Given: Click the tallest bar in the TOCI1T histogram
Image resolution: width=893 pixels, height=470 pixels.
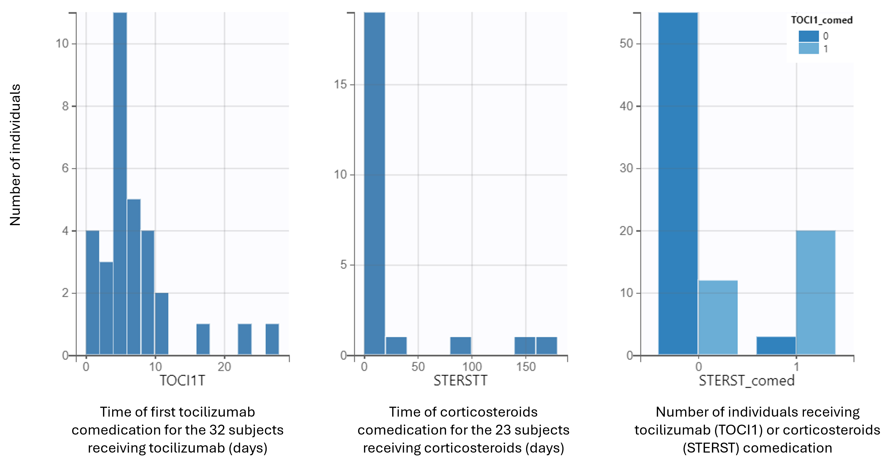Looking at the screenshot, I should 120,184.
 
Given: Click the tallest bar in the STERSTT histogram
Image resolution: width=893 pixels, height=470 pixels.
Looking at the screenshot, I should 374,184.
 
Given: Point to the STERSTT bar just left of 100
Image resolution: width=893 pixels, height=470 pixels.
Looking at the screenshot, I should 460,346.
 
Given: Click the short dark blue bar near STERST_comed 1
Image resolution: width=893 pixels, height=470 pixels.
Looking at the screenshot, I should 776,346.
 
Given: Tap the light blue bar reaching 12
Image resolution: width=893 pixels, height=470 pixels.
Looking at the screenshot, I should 718,317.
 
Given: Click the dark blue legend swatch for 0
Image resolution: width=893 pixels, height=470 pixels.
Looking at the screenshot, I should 809,36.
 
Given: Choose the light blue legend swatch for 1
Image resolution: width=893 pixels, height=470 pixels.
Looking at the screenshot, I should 809,49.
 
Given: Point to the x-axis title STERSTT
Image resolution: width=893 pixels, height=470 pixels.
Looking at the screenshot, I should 460,381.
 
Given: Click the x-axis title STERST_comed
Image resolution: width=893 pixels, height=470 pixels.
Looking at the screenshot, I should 746,381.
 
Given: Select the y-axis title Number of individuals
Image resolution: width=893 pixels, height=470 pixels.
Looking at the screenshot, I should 15,155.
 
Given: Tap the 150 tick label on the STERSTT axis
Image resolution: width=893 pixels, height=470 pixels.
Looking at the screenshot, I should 525,366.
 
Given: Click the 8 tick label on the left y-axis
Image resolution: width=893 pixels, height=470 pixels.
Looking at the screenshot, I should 65,106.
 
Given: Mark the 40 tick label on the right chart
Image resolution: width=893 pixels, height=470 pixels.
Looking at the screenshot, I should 626,106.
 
